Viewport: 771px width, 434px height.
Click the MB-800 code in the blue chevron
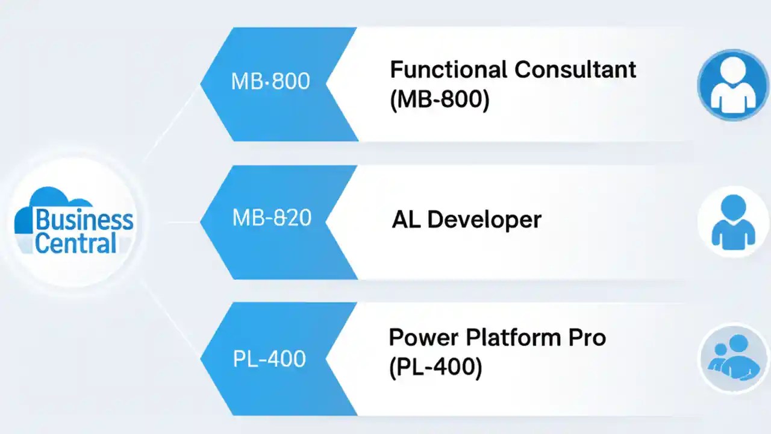pyautogui.click(x=270, y=81)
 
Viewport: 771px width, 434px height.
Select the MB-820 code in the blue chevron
pyautogui.click(x=272, y=218)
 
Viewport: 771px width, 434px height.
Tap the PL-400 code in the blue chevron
pyautogui.click(x=269, y=359)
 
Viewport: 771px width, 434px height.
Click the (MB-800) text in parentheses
pyautogui.click(x=439, y=100)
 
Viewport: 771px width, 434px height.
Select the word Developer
pyautogui.click(x=485, y=219)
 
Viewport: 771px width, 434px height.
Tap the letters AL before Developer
pyautogui.click(x=407, y=219)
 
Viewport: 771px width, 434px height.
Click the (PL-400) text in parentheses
pyautogui.click(x=435, y=368)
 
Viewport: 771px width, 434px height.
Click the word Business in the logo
pyautogui.click(x=84, y=221)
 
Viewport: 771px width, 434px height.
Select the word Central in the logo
pyautogui.click(x=75, y=243)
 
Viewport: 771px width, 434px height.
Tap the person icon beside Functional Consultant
pyautogui.click(x=732, y=85)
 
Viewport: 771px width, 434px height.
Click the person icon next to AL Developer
pyautogui.click(x=732, y=222)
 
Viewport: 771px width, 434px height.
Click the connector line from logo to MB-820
pyautogui.click(x=181, y=222)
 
